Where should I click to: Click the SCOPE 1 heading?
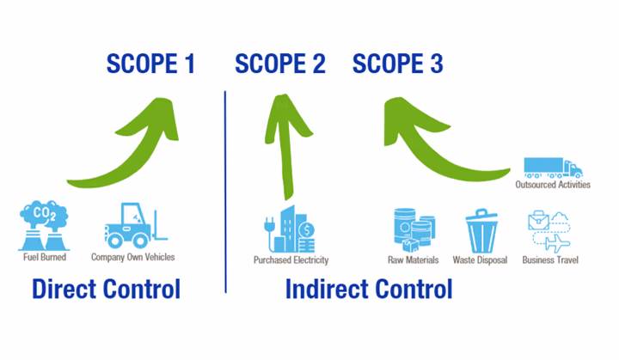pos(150,64)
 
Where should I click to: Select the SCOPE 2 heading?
pos(280,64)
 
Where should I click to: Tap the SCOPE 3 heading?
pos(398,64)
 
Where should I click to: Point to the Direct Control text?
pos(106,289)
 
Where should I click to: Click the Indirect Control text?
pos(368,289)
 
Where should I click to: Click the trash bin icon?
pos(481,229)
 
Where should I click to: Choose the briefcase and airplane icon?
pos(549,229)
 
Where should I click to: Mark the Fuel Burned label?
pos(43,257)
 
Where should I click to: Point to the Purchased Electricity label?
pos(291,259)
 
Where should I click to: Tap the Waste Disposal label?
pos(481,259)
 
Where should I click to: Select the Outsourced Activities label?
pos(553,184)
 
